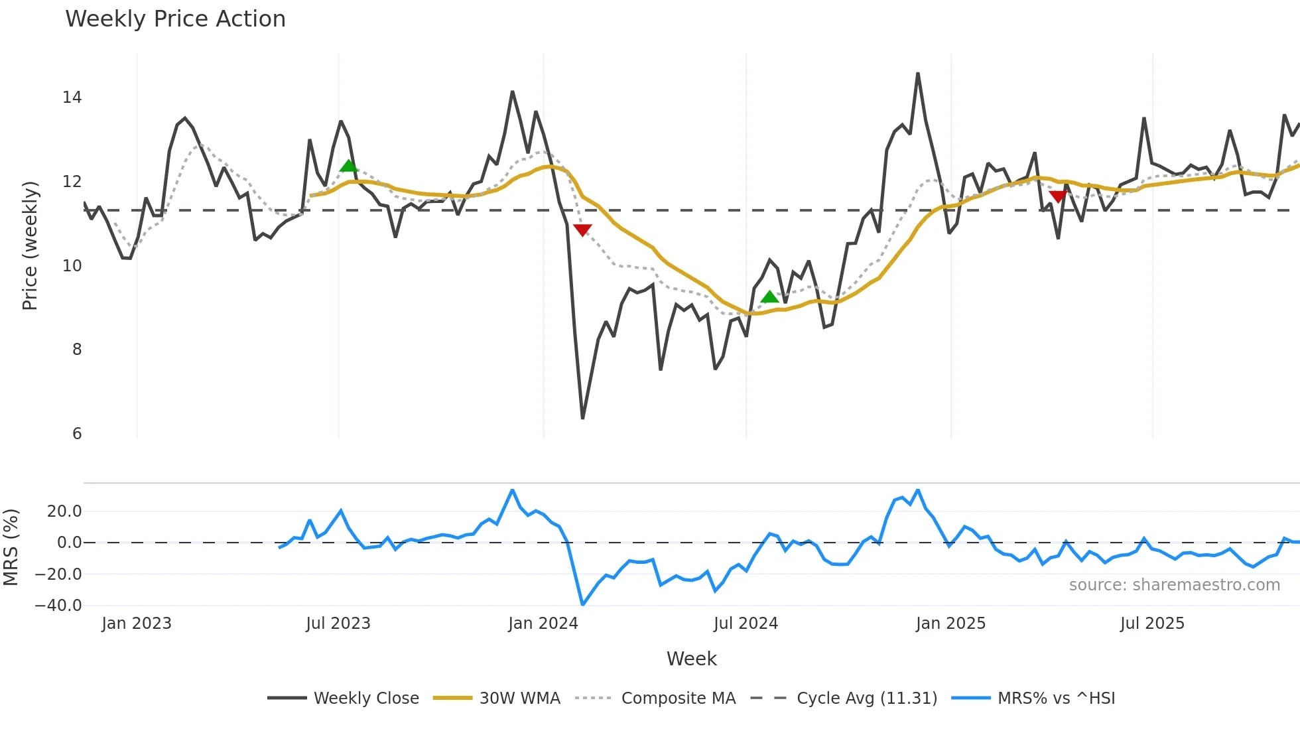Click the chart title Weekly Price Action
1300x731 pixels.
pos(175,19)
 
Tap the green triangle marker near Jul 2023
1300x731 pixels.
pos(348,166)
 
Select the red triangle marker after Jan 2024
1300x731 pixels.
pos(582,230)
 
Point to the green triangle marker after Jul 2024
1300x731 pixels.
pos(769,297)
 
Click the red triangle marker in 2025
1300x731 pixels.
pos(1058,196)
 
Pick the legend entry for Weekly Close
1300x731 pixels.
pos(344,698)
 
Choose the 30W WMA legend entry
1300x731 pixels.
pos(497,698)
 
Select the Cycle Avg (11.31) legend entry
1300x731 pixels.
pos(844,698)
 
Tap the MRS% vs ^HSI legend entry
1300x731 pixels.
pos(1033,698)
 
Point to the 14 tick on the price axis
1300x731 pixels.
pos(72,98)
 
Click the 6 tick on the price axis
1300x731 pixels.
pos(77,433)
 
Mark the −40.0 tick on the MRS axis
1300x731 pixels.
pos(58,605)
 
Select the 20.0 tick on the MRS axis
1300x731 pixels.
pos(64,511)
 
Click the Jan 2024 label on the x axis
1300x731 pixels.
pos(543,624)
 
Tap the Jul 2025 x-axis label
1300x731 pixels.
pos(1152,624)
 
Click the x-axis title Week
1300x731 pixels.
pos(691,659)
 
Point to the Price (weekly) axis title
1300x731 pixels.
pos(30,245)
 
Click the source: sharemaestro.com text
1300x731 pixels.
pos(1174,585)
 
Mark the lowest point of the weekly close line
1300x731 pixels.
pos(582,418)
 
